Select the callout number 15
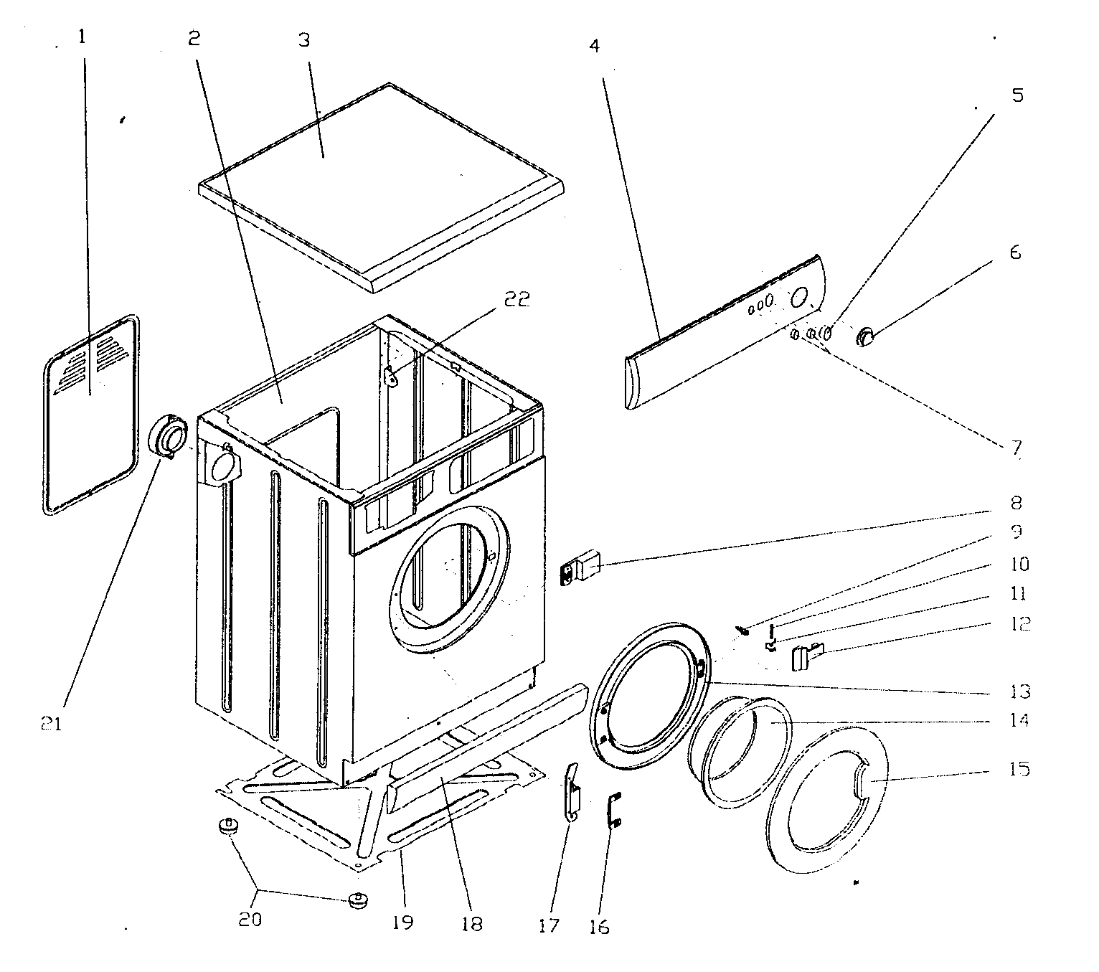click(x=1016, y=770)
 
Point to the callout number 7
click(x=1016, y=448)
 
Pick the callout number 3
click(x=304, y=40)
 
